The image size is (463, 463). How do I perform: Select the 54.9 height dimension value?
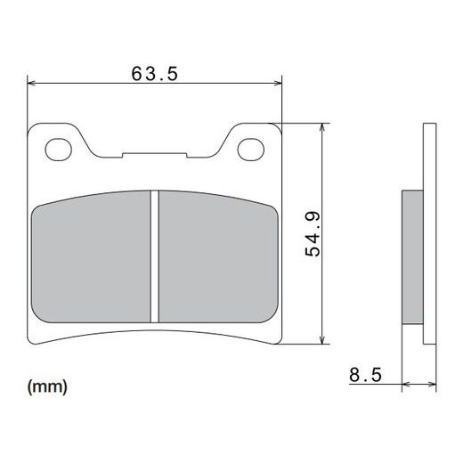(313, 234)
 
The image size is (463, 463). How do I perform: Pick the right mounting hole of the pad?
(249, 149)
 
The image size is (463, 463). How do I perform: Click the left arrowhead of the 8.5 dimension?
(408, 386)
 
